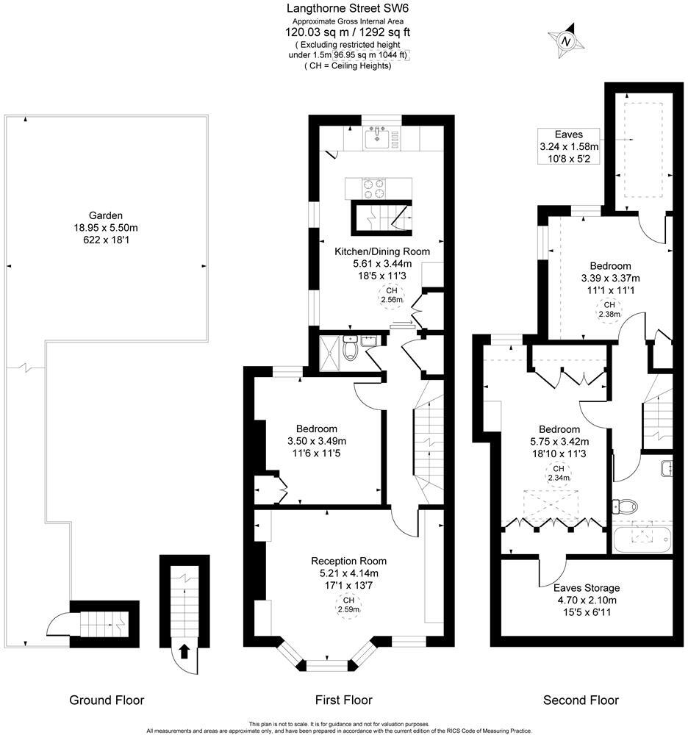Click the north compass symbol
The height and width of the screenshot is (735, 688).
tap(565, 42)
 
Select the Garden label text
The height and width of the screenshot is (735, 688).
tap(106, 215)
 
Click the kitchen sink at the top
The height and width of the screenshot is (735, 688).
tap(380, 137)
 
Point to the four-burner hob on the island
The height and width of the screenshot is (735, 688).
tap(379, 188)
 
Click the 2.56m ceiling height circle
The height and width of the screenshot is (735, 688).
tap(392, 295)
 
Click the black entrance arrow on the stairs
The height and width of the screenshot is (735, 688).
tap(184, 650)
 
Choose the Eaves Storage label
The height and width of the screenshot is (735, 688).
tap(588, 588)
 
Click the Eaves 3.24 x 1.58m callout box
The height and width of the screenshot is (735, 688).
tap(568, 146)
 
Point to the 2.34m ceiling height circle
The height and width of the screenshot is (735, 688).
tap(559, 473)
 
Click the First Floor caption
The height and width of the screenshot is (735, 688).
tap(343, 700)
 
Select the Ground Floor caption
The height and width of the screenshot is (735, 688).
tap(107, 700)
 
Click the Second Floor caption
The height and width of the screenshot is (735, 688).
tap(581, 700)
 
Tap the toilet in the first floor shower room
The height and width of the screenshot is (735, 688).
tap(351, 350)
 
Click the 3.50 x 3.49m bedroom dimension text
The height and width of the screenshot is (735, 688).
tap(316, 441)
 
